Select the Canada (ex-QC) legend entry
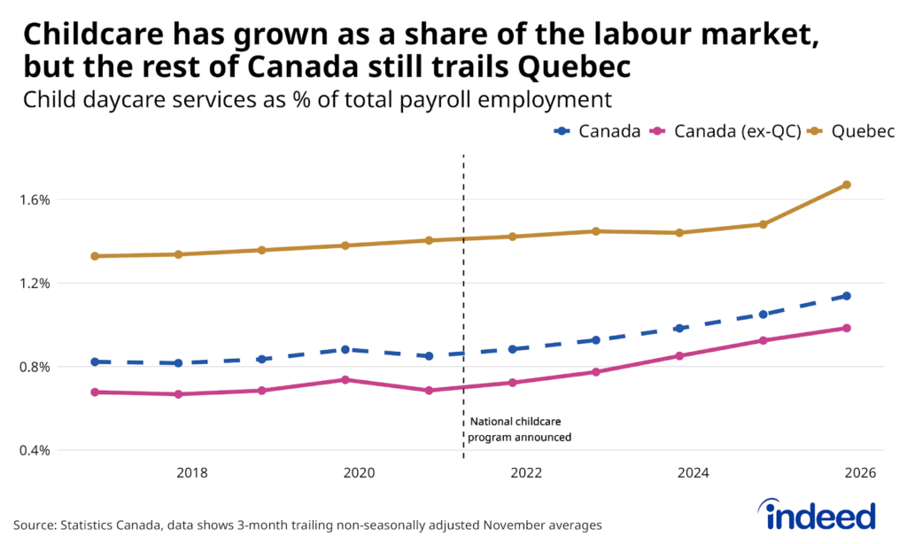coord(725,132)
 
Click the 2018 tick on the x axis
coord(192,473)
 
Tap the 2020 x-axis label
coord(359,473)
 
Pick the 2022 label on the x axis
coord(526,473)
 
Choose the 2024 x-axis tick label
coord(694,473)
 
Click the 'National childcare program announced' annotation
coord(520,429)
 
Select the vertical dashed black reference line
coord(464,266)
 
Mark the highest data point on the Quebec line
coord(846,184)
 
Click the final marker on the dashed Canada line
coord(846,296)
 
